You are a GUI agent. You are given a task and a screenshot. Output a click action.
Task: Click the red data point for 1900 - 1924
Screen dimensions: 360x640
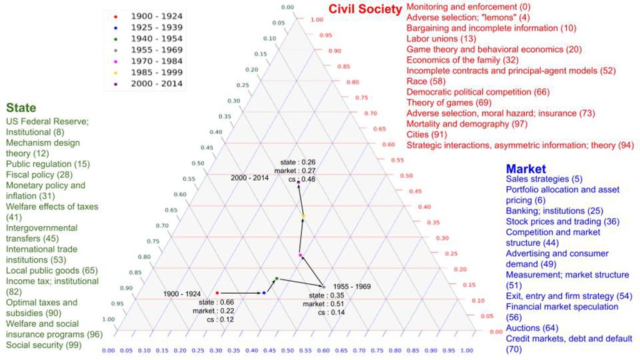217,292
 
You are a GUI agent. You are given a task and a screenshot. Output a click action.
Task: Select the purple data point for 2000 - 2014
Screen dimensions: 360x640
299,182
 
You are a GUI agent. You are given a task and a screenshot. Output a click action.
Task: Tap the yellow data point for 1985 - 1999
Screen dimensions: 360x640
303,216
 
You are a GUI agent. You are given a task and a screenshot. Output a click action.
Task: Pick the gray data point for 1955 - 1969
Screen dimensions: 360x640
324,286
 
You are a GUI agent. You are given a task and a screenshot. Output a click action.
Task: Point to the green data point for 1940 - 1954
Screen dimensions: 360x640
276,278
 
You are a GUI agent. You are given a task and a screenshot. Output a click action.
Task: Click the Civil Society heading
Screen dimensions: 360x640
365,9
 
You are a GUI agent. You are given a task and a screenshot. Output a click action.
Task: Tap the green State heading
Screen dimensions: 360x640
21,108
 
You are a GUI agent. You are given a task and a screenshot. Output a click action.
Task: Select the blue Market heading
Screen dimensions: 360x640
526,169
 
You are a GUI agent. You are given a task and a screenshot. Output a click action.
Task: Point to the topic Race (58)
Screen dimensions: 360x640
426,81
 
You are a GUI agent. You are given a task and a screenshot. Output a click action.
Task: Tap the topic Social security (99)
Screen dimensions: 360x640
44,345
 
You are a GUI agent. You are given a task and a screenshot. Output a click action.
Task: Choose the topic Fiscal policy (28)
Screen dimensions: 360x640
39,174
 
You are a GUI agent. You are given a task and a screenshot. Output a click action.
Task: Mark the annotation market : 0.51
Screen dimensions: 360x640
324,304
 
